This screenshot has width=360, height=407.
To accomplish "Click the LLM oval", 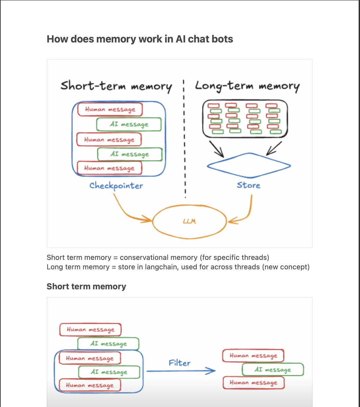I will point(189,221).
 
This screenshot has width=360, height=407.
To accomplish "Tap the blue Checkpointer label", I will point(116,186).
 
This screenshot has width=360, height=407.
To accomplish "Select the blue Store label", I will point(249,185).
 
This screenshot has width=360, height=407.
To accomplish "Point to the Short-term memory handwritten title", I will point(116,86).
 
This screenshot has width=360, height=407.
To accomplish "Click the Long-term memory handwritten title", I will point(247,86).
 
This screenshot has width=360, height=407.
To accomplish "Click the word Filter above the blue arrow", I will point(179,363).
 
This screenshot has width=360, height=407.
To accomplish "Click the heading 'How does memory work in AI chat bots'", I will point(140,39).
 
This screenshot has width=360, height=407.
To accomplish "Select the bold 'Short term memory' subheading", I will point(86,287).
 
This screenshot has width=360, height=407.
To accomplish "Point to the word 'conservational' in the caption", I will point(144,257).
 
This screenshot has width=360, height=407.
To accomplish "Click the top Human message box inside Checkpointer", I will point(110,109).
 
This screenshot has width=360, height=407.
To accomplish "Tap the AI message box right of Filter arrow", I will point(272,370).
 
